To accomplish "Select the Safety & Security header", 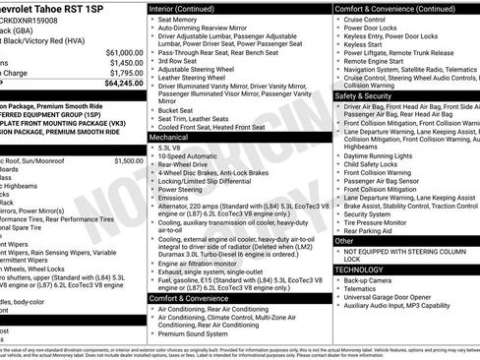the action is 364,96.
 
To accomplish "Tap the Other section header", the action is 344,240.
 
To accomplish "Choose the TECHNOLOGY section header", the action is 358,268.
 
